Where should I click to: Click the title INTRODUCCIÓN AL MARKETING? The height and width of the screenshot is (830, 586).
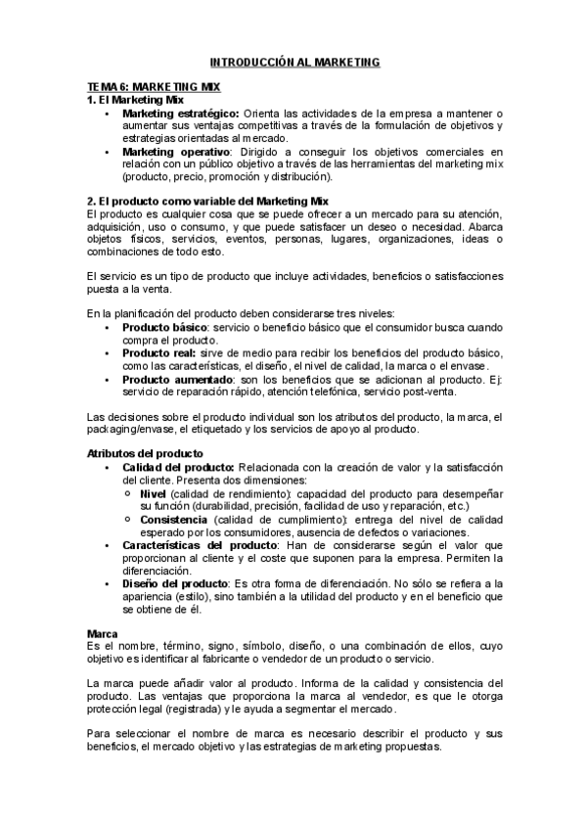point(294,62)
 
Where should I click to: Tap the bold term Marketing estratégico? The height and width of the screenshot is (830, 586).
point(180,113)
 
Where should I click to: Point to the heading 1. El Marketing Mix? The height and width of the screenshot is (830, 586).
point(135,100)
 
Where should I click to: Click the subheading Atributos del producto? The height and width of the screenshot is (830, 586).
point(145,454)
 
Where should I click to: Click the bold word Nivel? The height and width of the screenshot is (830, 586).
point(153,493)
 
